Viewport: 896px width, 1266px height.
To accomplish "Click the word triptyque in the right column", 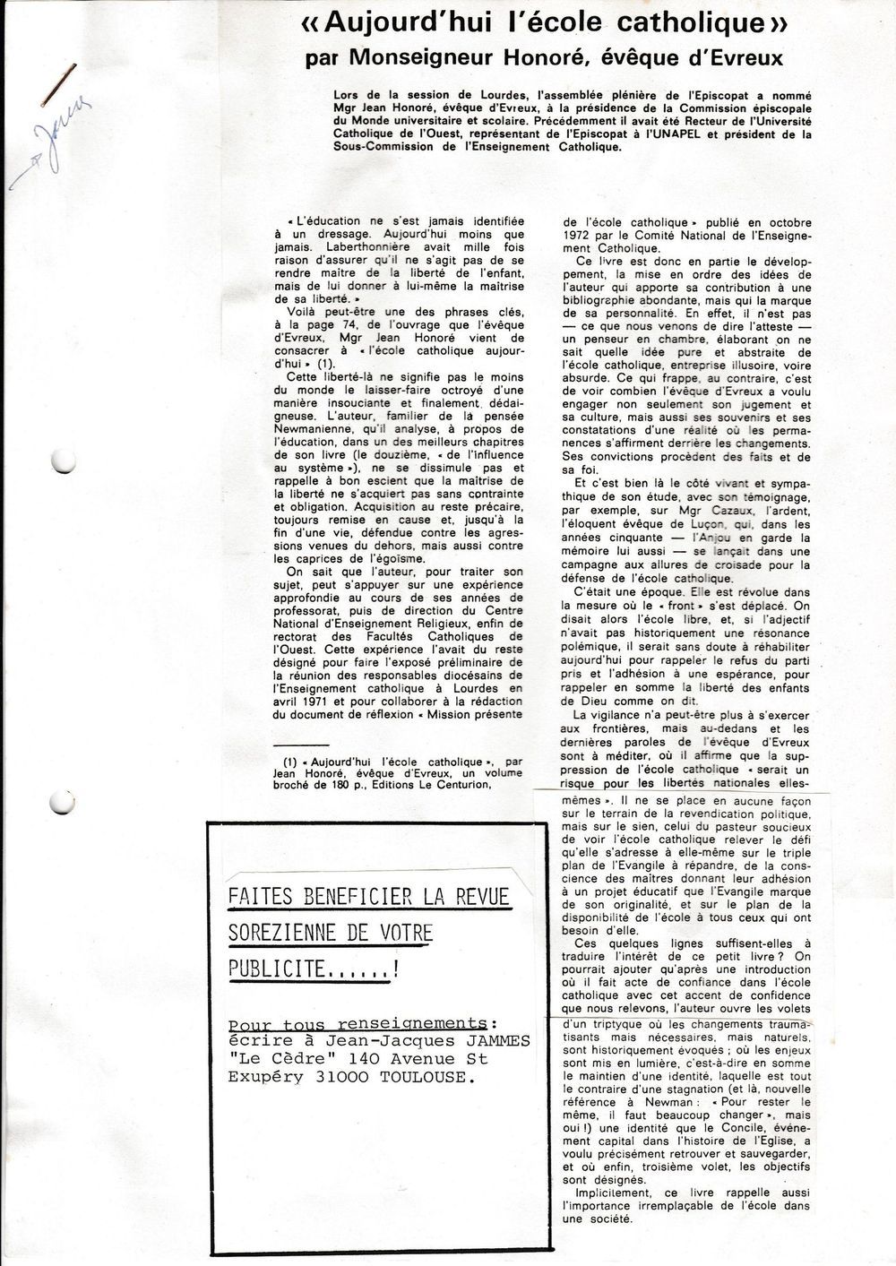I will pyautogui.click(x=614, y=1023).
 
